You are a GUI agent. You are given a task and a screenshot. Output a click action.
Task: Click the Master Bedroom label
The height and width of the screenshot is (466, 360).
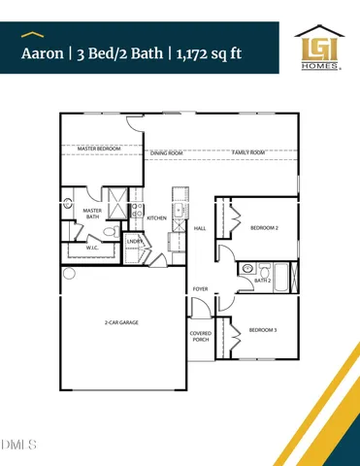point(84,149)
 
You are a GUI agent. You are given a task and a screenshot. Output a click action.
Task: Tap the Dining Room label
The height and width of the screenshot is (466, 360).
point(167,152)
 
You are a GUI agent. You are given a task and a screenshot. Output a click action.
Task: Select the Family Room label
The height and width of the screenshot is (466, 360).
point(248,152)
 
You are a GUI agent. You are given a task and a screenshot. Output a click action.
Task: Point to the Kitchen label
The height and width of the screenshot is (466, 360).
point(157,218)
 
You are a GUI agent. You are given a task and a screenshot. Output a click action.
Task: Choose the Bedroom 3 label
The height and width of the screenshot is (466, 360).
point(262,330)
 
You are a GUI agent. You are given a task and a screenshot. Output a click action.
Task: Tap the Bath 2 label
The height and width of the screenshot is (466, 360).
point(262,281)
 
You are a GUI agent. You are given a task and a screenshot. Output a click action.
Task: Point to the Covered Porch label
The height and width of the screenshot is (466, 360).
point(201,336)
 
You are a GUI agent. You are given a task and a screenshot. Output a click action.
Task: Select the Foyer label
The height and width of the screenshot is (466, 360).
point(200,288)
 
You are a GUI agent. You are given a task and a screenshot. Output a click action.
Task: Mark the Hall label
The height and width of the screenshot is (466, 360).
point(200,229)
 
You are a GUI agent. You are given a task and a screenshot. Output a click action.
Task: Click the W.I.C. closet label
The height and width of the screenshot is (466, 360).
point(92,248)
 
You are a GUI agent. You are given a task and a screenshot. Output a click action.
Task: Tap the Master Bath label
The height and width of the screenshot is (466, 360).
point(92,214)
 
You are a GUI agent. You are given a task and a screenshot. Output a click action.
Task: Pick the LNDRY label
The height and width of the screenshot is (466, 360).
point(135,242)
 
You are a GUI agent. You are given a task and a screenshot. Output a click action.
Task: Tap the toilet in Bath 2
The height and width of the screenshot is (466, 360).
point(247,269)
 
